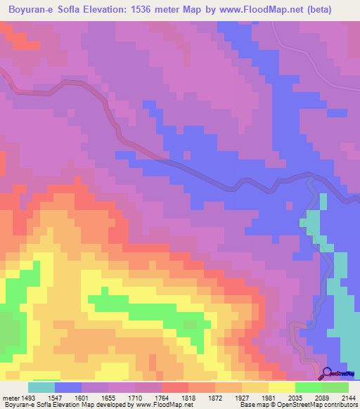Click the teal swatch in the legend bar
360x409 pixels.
click(41, 387)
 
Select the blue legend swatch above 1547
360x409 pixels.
click(67, 387)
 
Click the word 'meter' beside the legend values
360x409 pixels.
click(9, 397)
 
